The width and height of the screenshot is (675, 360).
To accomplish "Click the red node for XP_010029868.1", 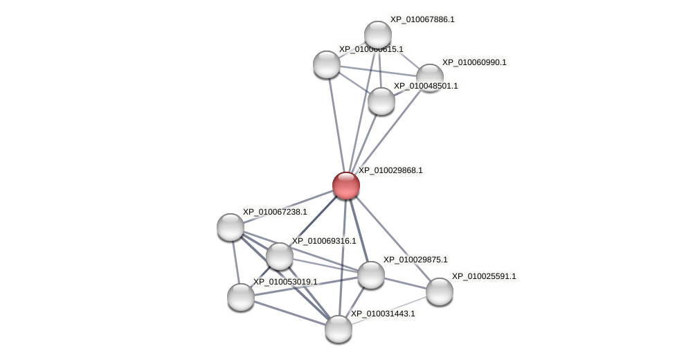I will pyautogui.click(x=345, y=186).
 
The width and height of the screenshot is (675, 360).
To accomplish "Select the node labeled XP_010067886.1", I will pyautogui.click(x=378, y=35).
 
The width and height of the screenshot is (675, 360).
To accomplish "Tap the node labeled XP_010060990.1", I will pyautogui.click(x=429, y=77).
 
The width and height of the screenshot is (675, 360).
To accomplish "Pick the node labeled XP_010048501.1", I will pyautogui.click(x=381, y=101).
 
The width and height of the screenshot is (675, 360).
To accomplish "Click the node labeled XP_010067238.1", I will pyautogui.click(x=231, y=227).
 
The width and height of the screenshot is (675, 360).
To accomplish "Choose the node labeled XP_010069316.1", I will pyautogui.click(x=280, y=256).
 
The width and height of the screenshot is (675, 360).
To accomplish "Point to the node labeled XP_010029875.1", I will pyautogui.click(x=371, y=275).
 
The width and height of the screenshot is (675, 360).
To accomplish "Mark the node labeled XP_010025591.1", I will pyautogui.click(x=439, y=291).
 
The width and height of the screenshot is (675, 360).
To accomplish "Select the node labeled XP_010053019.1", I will pyautogui.click(x=241, y=297).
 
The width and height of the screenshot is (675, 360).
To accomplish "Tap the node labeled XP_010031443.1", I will pyautogui.click(x=339, y=329).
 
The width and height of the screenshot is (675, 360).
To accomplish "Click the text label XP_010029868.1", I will pyautogui.click(x=390, y=170).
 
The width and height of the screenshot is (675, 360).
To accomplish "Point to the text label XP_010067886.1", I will pyautogui.click(x=422, y=19).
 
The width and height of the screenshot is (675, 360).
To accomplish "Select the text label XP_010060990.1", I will pyautogui.click(x=474, y=62).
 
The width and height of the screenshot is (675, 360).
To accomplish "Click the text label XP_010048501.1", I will pyautogui.click(x=426, y=86).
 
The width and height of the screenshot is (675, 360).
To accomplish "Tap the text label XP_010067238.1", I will pyautogui.click(x=275, y=212).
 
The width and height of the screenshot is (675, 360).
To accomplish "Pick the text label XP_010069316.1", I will pyautogui.click(x=324, y=241).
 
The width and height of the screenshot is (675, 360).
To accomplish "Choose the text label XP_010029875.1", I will pyautogui.click(x=415, y=260).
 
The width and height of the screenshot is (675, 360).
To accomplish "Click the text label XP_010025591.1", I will pyautogui.click(x=484, y=276).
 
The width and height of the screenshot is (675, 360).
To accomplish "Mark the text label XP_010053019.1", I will pyautogui.click(x=285, y=282).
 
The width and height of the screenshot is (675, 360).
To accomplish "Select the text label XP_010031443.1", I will pyautogui.click(x=383, y=314).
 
